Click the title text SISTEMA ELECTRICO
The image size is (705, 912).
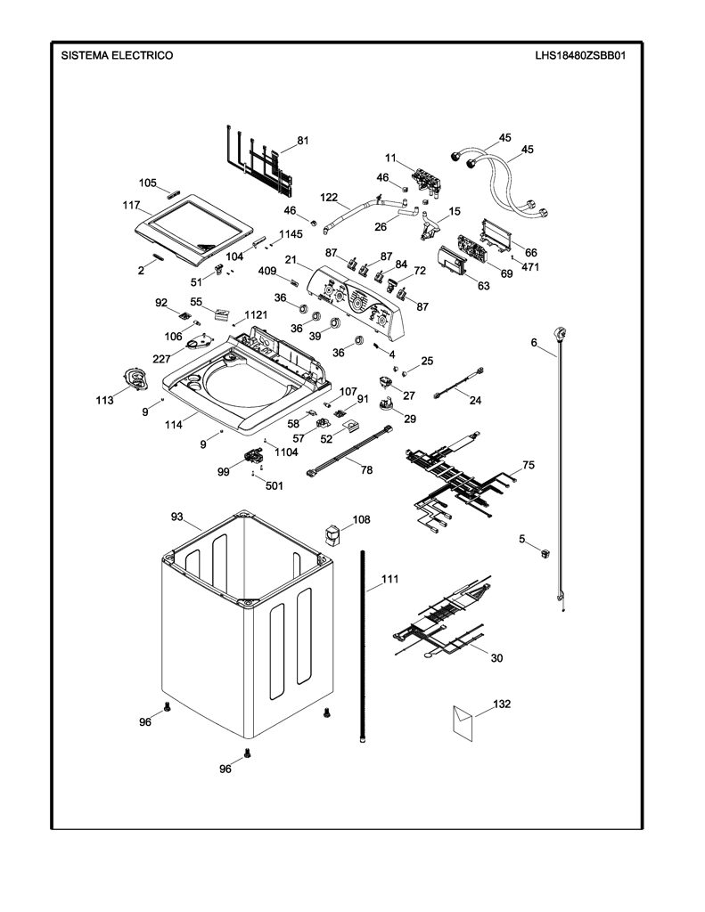click(117, 55)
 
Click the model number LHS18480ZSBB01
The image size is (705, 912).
click(580, 56)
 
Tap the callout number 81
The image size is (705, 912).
click(303, 140)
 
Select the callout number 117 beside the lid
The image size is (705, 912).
click(131, 206)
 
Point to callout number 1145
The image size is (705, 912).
click(291, 234)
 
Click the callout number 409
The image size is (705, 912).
click(267, 271)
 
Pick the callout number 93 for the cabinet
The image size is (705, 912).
click(177, 517)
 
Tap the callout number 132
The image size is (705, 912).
click(502, 704)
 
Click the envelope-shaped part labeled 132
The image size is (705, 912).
click(463, 722)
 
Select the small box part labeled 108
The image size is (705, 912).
click(332, 535)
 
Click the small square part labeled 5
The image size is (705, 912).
click(545, 553)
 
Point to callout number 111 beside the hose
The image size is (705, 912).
click(390, 579)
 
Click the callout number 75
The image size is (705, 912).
click(528, 465)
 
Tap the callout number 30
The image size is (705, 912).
click(496, 658)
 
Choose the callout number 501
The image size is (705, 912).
click(275, 485)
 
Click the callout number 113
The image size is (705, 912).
click(105, 400)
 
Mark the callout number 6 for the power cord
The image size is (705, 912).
click(534, 343)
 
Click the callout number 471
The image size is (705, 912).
click(529, 267)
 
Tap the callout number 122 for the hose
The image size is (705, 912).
click(329, 197)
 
